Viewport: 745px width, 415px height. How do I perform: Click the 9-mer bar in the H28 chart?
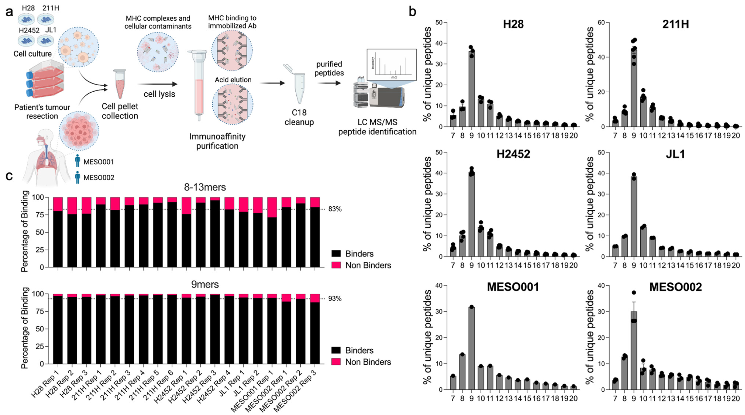click(x=472, y=90)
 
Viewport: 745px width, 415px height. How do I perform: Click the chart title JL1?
click(x=675, y=154)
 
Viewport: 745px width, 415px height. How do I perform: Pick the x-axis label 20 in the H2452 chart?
click(x=573, y=265)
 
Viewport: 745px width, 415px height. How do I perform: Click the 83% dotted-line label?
click(x=335, y=209)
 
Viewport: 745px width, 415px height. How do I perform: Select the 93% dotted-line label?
click(x=335, y=298)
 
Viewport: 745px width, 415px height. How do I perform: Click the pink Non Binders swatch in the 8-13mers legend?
click(x=336, y=265)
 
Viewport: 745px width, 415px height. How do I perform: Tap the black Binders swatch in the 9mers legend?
click(x=336, y=350)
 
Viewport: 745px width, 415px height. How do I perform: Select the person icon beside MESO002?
click(x=77, y=177)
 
